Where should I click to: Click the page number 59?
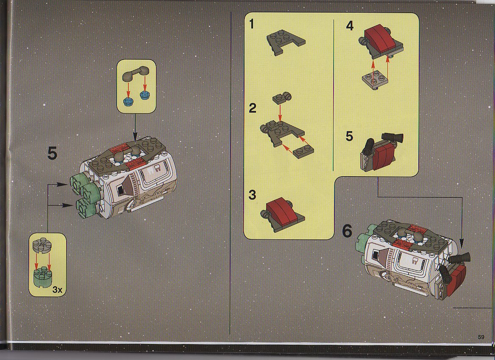481,337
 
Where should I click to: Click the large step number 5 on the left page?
53,154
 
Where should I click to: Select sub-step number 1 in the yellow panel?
252,24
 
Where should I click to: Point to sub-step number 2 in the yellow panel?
253,108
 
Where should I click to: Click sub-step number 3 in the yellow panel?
252,195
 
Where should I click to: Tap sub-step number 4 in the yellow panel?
350,26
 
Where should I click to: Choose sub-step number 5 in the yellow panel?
349,136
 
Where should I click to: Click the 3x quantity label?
58,289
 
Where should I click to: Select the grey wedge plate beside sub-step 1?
286,42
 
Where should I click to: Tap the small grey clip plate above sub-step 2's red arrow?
281,98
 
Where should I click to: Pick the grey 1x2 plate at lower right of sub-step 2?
303,152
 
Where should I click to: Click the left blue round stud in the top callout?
128,102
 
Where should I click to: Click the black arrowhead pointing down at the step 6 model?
462,243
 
